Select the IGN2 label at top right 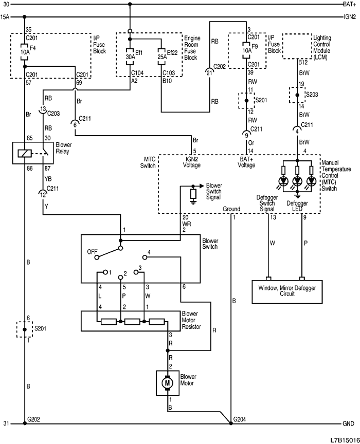[x=348, y=16]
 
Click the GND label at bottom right [x=348, y=424]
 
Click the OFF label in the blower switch [x=92, y=252]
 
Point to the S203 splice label [x=312, y=96]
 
